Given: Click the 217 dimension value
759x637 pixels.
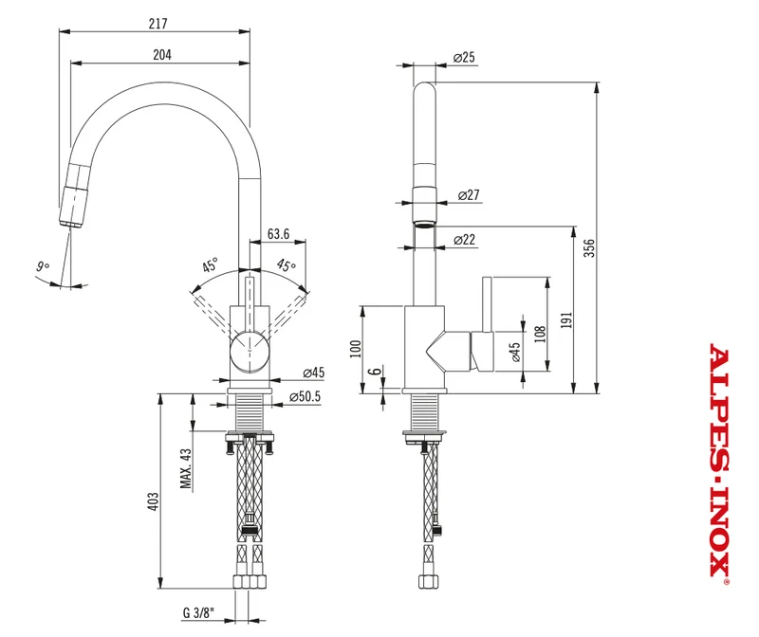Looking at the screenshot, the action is (x=158, y=23).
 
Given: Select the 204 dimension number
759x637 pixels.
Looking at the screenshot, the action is (x=162, y=55).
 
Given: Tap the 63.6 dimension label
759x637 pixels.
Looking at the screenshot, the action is (x=278, y=234).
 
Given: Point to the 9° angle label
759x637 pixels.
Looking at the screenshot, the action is (x=43, y=266).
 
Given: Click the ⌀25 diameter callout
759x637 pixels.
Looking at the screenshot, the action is (x=464, y=57).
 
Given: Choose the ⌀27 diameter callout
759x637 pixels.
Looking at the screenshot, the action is (x=469, y=195).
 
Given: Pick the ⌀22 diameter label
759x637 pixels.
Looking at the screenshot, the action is (x=465, y=240).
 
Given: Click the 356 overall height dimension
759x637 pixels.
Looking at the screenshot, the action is (x=589, y=247).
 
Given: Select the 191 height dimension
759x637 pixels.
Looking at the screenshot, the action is (x=566, y=320).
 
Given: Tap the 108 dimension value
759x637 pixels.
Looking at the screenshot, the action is (x=541, y=334).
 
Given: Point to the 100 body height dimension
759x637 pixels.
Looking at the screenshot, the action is (x=356, y=349).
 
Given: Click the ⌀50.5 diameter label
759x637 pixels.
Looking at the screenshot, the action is (x=305, y=396).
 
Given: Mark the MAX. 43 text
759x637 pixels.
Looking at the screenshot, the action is (x=186, y=468).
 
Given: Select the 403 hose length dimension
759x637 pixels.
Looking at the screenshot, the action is (x=153, y=501).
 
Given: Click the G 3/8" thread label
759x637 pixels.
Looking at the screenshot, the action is (x=198, y=612).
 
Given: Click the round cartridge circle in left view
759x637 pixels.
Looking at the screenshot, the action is (x=250, y=352).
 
